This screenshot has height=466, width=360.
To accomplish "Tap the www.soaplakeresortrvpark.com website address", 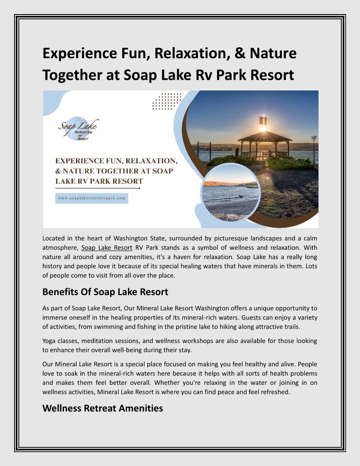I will pos(92,199).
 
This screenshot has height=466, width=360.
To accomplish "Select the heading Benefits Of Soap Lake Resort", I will pos(105,292).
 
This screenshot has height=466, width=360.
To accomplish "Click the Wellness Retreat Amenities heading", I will pos(102,408).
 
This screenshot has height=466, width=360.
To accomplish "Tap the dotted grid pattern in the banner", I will pos(167,101).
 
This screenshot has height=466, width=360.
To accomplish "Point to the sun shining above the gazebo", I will pos(263,127).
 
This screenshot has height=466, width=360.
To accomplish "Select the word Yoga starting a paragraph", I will pos(50,341).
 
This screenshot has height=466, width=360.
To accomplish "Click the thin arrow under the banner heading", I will pos(97,188).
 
